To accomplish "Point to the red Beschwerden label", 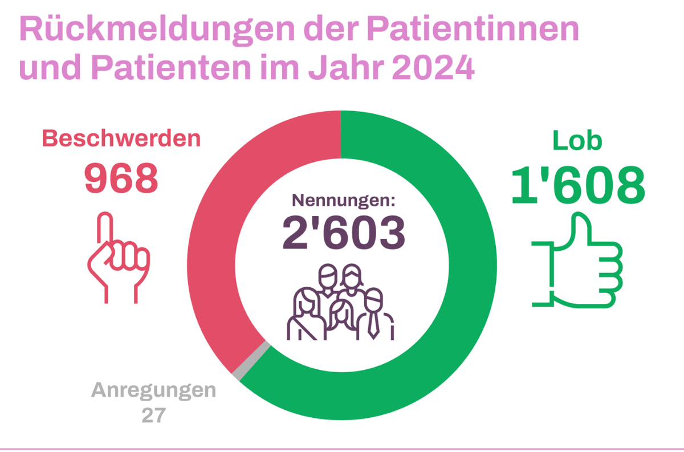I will (121, 139).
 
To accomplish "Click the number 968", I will (121, 178).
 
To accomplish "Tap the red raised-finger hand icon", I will (117, 256).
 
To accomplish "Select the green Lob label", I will (577, 141).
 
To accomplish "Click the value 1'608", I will (577, 186).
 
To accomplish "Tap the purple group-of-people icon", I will (341, 302).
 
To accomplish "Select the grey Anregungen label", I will (154, 391).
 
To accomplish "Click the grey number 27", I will (153, 415).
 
